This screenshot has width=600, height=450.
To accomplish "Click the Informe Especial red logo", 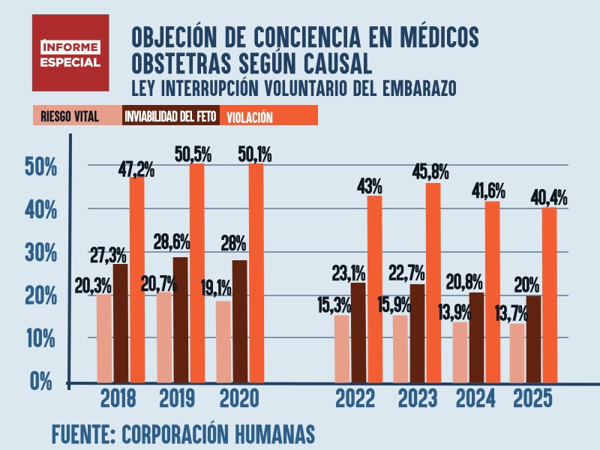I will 70,52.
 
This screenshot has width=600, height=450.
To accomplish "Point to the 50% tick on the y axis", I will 41,166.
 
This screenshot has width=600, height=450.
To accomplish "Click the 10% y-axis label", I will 41,338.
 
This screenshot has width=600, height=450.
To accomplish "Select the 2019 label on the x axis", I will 178,398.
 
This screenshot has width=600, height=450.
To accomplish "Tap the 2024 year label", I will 475,398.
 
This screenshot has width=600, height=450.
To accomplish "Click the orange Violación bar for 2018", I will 136,279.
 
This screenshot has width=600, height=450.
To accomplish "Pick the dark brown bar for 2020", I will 239,320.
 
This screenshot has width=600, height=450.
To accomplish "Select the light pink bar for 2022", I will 342,348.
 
